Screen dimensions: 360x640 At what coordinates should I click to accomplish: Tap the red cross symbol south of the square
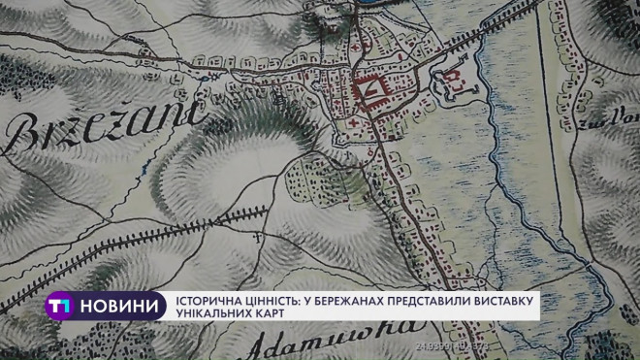359,126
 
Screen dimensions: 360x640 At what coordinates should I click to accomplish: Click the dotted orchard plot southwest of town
310,180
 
